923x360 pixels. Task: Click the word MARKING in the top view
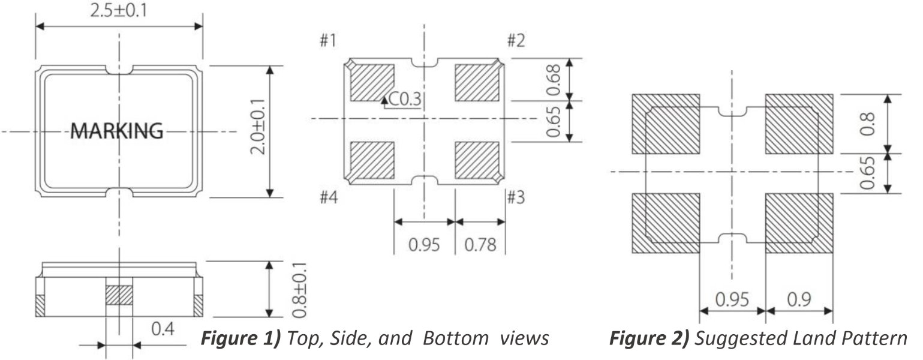(116, 130)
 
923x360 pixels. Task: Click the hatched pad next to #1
(371, 82)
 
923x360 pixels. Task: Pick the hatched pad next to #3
(477, 160)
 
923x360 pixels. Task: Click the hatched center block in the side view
(118, 295)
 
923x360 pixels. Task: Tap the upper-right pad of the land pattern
(799, 124)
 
